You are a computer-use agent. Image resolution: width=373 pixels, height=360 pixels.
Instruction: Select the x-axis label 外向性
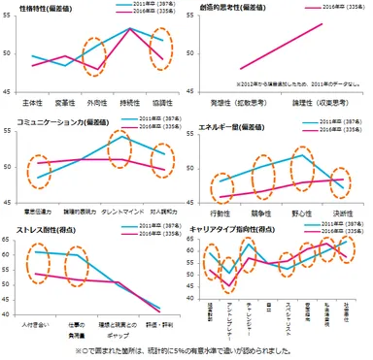98,100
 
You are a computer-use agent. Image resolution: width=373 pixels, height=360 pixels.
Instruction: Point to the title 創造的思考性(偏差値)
225,8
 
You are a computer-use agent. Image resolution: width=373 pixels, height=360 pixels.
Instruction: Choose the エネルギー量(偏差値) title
230,124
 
